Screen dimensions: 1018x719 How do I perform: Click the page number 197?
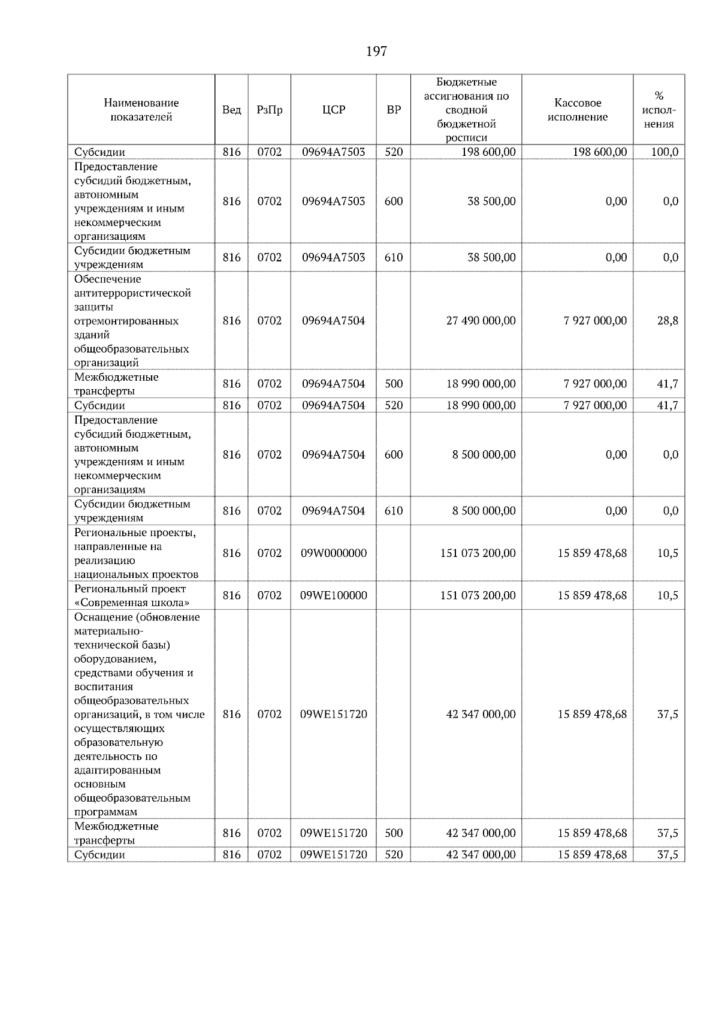(376, 52)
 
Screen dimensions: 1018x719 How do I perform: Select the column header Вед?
(231, 110)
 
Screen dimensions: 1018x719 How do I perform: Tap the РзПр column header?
(269, 110)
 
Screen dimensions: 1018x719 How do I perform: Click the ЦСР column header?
(334, 110)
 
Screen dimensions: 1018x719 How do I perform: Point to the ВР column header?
(394, 110)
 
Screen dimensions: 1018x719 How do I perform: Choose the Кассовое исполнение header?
(578, 110)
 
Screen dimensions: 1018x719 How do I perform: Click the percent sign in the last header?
(659, 96)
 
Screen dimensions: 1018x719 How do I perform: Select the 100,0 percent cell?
(665, 152)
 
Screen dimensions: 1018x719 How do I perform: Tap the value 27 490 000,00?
(481, 321)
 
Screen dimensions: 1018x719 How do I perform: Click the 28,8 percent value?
(667, 321)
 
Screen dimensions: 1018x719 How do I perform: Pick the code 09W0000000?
(334, 553)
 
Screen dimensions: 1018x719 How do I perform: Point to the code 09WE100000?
(334, 595)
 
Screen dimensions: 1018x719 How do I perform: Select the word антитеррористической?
(132, 293)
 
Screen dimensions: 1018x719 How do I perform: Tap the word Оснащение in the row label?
(99, 618)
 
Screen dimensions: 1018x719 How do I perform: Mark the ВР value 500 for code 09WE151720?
(394, 833)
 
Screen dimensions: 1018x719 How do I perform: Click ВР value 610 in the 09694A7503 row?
(394, 258)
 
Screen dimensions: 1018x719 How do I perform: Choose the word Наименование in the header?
(141, 103)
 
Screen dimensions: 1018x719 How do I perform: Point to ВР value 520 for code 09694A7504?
(394, 405)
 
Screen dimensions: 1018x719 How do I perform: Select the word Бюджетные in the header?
(466, 82)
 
